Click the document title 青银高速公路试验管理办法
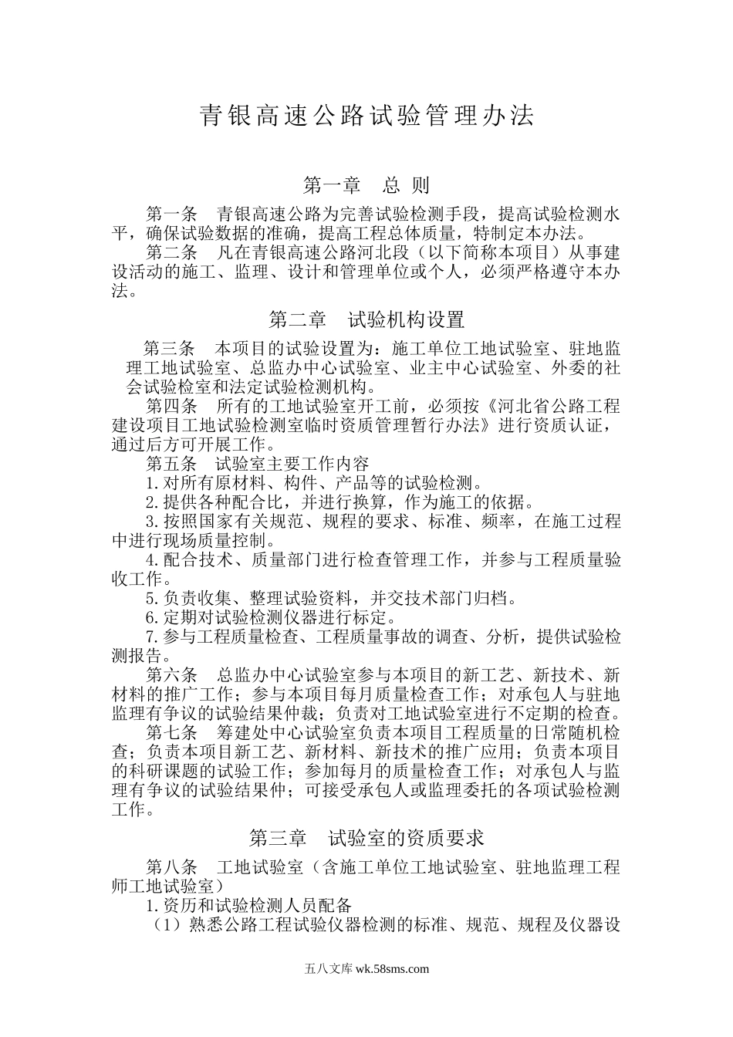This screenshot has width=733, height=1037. pyautogui.click(x=366, y=116)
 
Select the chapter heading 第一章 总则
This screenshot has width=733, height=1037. pyautogui.click(x=366, y=185)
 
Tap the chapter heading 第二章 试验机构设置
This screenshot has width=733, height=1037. pyautogui.click(x=366, y=319)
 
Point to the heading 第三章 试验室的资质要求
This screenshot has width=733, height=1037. pyautogui.click(x=366, y=837)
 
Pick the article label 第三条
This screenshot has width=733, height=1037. pyautogui.click(x=170, y=347)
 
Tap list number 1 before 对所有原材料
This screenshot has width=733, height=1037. pyautogui.click(x=151, y=484)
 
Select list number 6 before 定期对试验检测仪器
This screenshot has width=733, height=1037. pyautogui.click(x=151, y=617)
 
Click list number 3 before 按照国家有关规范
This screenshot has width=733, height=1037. pyautogui.click(x=151, y=522)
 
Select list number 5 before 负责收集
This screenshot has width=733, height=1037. pyautogui.click(x=151, y=598)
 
